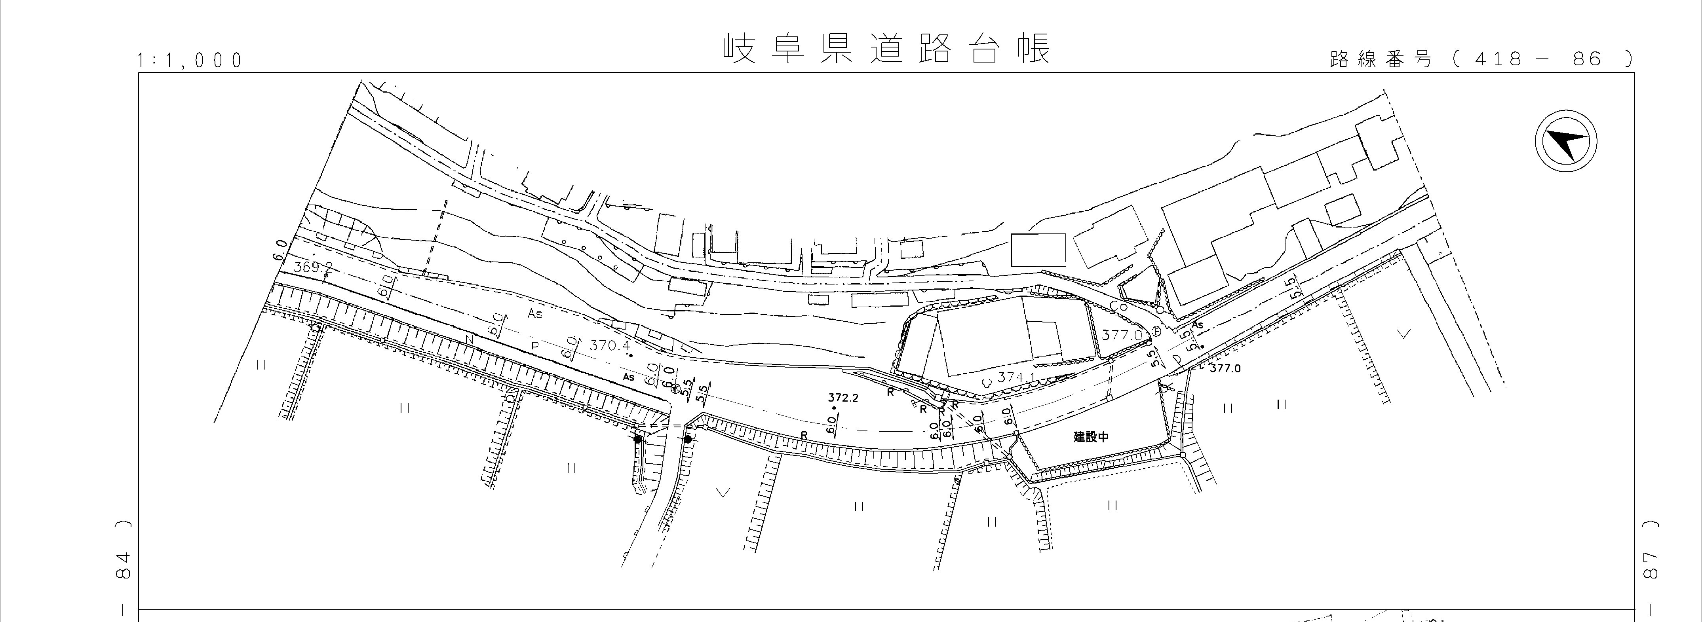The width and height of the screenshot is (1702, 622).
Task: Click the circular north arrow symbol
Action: tap(1565, 142)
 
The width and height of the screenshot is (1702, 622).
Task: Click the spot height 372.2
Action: tap(843, 398)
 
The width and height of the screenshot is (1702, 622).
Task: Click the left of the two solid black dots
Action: tap(637, 438)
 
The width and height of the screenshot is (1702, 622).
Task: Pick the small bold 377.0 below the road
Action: tap(1225, 368)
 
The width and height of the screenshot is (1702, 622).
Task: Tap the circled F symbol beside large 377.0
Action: tap(1156, 331)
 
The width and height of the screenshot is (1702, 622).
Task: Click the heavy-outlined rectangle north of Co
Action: tap(1038, 250)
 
